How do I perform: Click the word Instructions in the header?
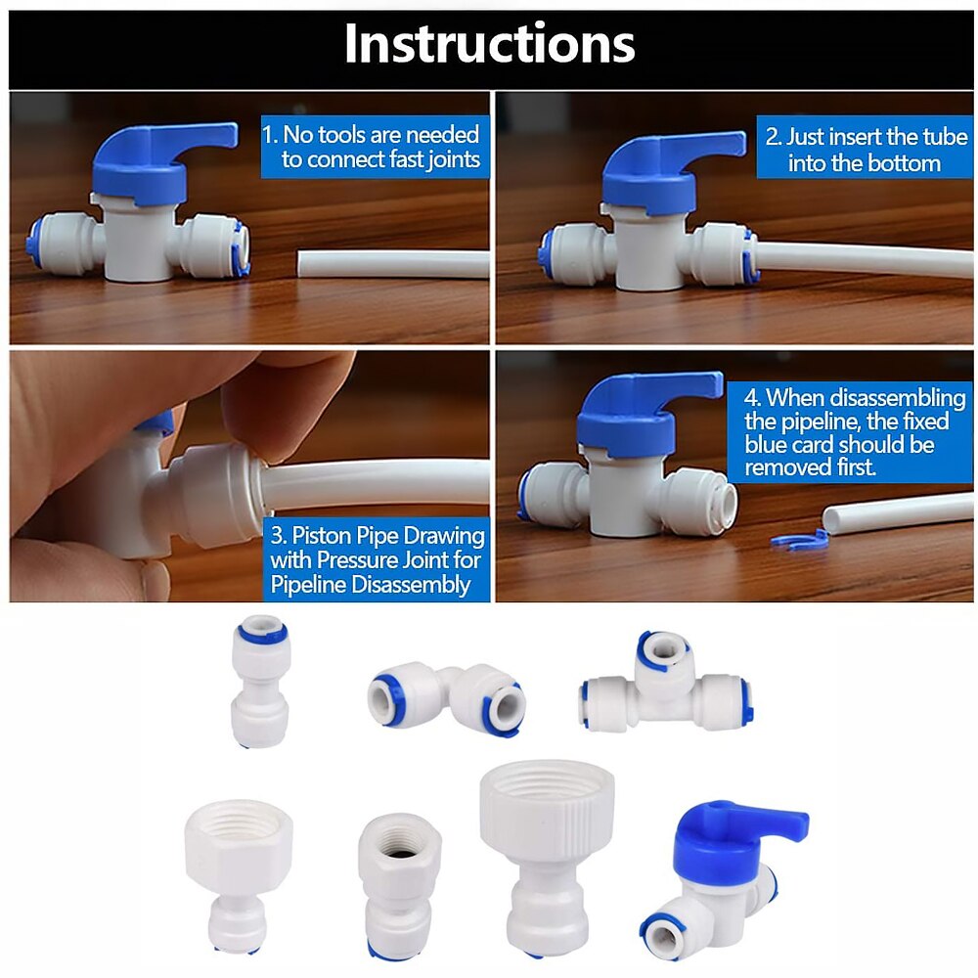[x=490, y=43]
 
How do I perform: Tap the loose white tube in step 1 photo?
[x=393, y=263]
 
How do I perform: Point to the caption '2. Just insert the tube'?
[x=867, y=137]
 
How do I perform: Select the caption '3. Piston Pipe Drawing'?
[x=378, y=536]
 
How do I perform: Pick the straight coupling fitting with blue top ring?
[x=260, y=681]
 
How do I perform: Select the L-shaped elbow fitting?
[x=447, y=698]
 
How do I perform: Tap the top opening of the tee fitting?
[x=663, y=650]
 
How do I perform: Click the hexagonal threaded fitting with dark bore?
[x=400, y=886]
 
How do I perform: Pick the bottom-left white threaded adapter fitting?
[x=239, y=875]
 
